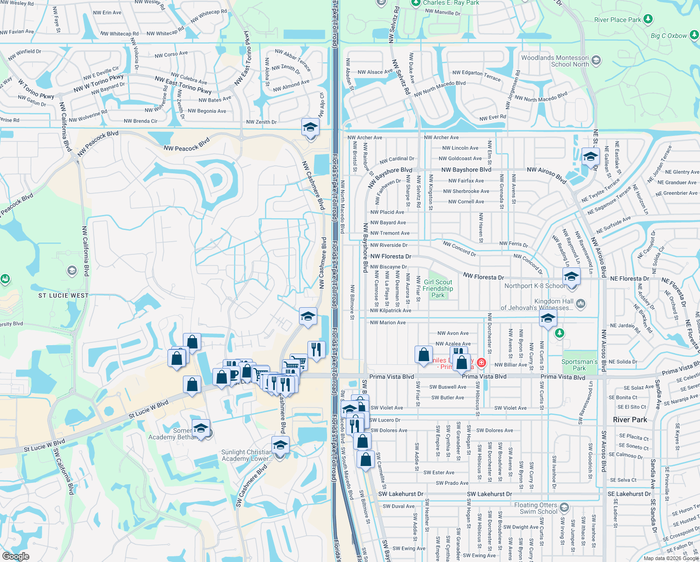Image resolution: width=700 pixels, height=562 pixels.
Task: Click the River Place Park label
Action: [618, 20]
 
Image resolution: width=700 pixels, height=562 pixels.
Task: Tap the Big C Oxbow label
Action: [669, 36]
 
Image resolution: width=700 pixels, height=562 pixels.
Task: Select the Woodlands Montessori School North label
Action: [555, 61]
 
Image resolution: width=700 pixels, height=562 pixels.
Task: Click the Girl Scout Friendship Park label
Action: [437, 288]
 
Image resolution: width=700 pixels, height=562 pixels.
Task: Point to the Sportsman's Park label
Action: [579, 365]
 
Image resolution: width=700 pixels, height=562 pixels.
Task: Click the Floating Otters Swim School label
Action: [536, 508]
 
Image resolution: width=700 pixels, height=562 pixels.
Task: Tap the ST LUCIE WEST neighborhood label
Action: [63, 296]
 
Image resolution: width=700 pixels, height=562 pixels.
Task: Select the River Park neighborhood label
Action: [630, 420]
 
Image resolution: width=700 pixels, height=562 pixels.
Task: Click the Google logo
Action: [15, 556]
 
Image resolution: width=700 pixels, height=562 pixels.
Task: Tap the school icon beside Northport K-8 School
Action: [571, 276]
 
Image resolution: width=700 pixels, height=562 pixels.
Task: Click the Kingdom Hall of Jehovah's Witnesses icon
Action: [581, 304]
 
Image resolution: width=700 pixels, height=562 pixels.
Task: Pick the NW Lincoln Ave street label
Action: [460, 148]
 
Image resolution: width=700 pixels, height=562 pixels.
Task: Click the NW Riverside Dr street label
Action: [389, 245]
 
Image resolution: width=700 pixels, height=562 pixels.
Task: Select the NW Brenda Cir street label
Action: [140, 121]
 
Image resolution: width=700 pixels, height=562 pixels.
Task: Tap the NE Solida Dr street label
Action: [623, 362]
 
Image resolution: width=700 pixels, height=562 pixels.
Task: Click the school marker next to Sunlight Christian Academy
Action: [280, 445]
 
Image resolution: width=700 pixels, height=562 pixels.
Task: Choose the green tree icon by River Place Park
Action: [648, 19]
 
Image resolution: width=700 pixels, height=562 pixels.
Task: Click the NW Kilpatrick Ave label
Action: [390, 311]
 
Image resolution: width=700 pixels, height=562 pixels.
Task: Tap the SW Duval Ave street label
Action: [398, 506]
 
